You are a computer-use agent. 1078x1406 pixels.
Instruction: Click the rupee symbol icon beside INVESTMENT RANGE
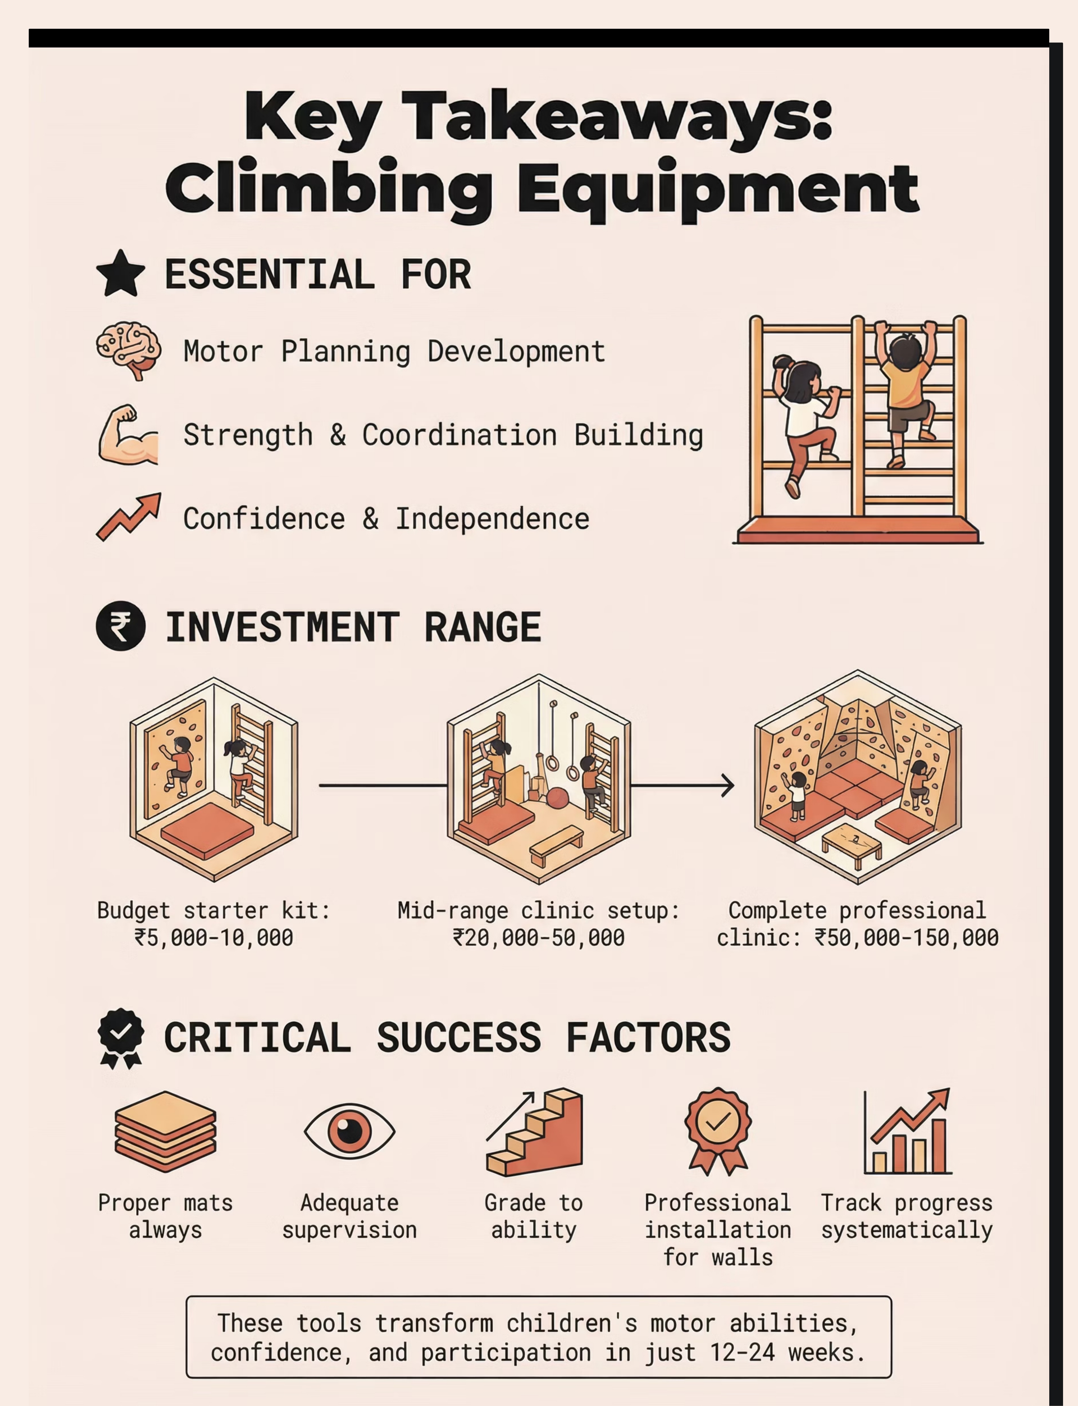pos(121,626)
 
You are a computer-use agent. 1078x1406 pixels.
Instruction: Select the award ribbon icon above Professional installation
pos(718,1131)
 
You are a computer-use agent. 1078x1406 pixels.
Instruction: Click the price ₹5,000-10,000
pos(214,938)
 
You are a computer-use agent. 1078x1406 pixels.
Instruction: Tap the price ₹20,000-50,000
pos(538,938)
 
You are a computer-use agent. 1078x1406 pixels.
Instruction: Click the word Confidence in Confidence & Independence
pos(264,519)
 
